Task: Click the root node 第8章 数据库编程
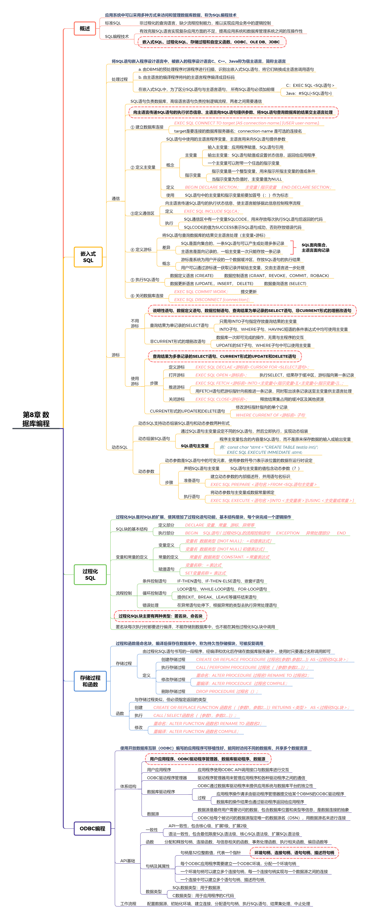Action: (36, 419)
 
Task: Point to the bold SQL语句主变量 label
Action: (195, 446)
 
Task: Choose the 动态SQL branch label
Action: (119, 447)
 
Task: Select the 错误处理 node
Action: (150, 605)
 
